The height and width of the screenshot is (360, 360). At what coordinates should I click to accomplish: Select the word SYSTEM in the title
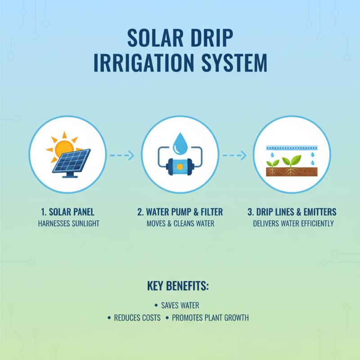point(234,63)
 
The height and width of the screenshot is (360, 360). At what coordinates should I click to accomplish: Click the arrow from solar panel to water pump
point(121,156)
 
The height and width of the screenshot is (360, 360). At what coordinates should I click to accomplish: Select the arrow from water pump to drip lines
point(234,156)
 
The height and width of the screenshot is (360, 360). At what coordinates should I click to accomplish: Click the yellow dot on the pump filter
point(180,166)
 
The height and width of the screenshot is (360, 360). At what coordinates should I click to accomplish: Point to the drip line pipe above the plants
point(292,148)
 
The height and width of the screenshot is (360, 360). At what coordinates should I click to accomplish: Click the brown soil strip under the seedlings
point(292,171)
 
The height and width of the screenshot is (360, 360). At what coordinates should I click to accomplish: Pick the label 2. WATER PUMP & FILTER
point(180,212)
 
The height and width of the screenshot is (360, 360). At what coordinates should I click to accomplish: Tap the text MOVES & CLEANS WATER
point(180,223)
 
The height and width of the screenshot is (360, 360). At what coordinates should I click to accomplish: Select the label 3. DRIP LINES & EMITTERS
point(293,212)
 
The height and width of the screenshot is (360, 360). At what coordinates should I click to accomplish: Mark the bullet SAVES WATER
point(180,306)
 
